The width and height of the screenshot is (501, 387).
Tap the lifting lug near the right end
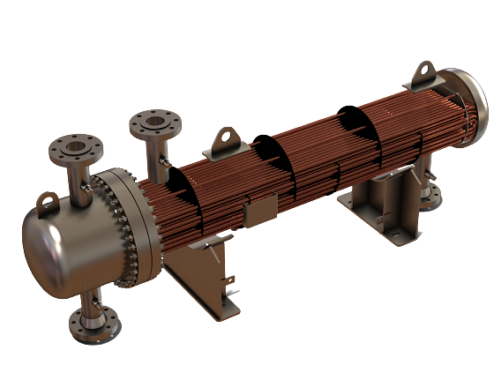[425, 69]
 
